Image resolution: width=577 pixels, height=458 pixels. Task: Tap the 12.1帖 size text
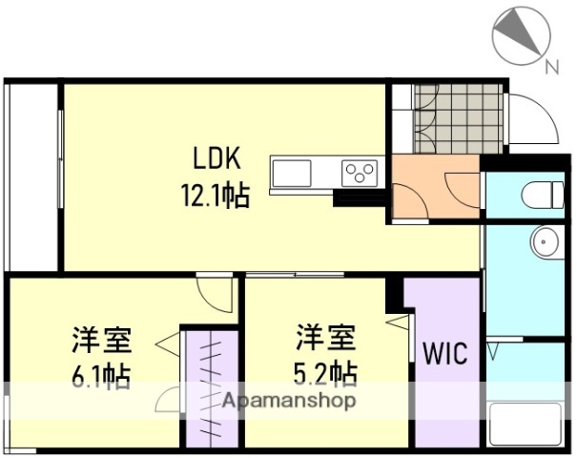coord(216,197)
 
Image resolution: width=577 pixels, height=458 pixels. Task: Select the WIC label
coord(445,354)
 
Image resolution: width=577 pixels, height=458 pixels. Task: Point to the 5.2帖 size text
coord(326,369)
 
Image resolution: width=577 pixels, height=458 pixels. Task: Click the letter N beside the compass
coord(550,67)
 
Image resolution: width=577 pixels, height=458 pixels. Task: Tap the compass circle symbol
coord(521,34)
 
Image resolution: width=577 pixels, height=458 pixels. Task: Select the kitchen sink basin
coord(291,175)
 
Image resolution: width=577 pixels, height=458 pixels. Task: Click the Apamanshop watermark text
coord(291,401)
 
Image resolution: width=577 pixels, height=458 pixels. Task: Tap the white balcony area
coord(31,177)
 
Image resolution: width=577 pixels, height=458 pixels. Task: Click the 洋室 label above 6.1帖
coord(100,340)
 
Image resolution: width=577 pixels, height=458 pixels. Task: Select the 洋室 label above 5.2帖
coord(325,337)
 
